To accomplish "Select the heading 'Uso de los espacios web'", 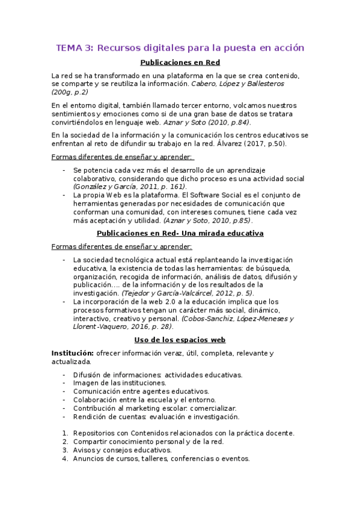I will pyautogui.click(x=180, y=340).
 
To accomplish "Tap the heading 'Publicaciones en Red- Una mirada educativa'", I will pyautogui.click(x=180, y=233).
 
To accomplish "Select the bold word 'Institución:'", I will pyautogui.click(x=72, y=352).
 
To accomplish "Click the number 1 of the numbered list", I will pyautogui.click(x=65, y=433).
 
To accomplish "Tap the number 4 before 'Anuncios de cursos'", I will pyautogui.click(x=65, y=458).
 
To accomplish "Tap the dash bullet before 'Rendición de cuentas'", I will pyautogui.click(x=65, y=416).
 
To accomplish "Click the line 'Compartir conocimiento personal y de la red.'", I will pyautogui.click(x=148, y=441).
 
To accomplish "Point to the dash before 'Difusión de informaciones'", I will pyautogui.click(x=65, y=374).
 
